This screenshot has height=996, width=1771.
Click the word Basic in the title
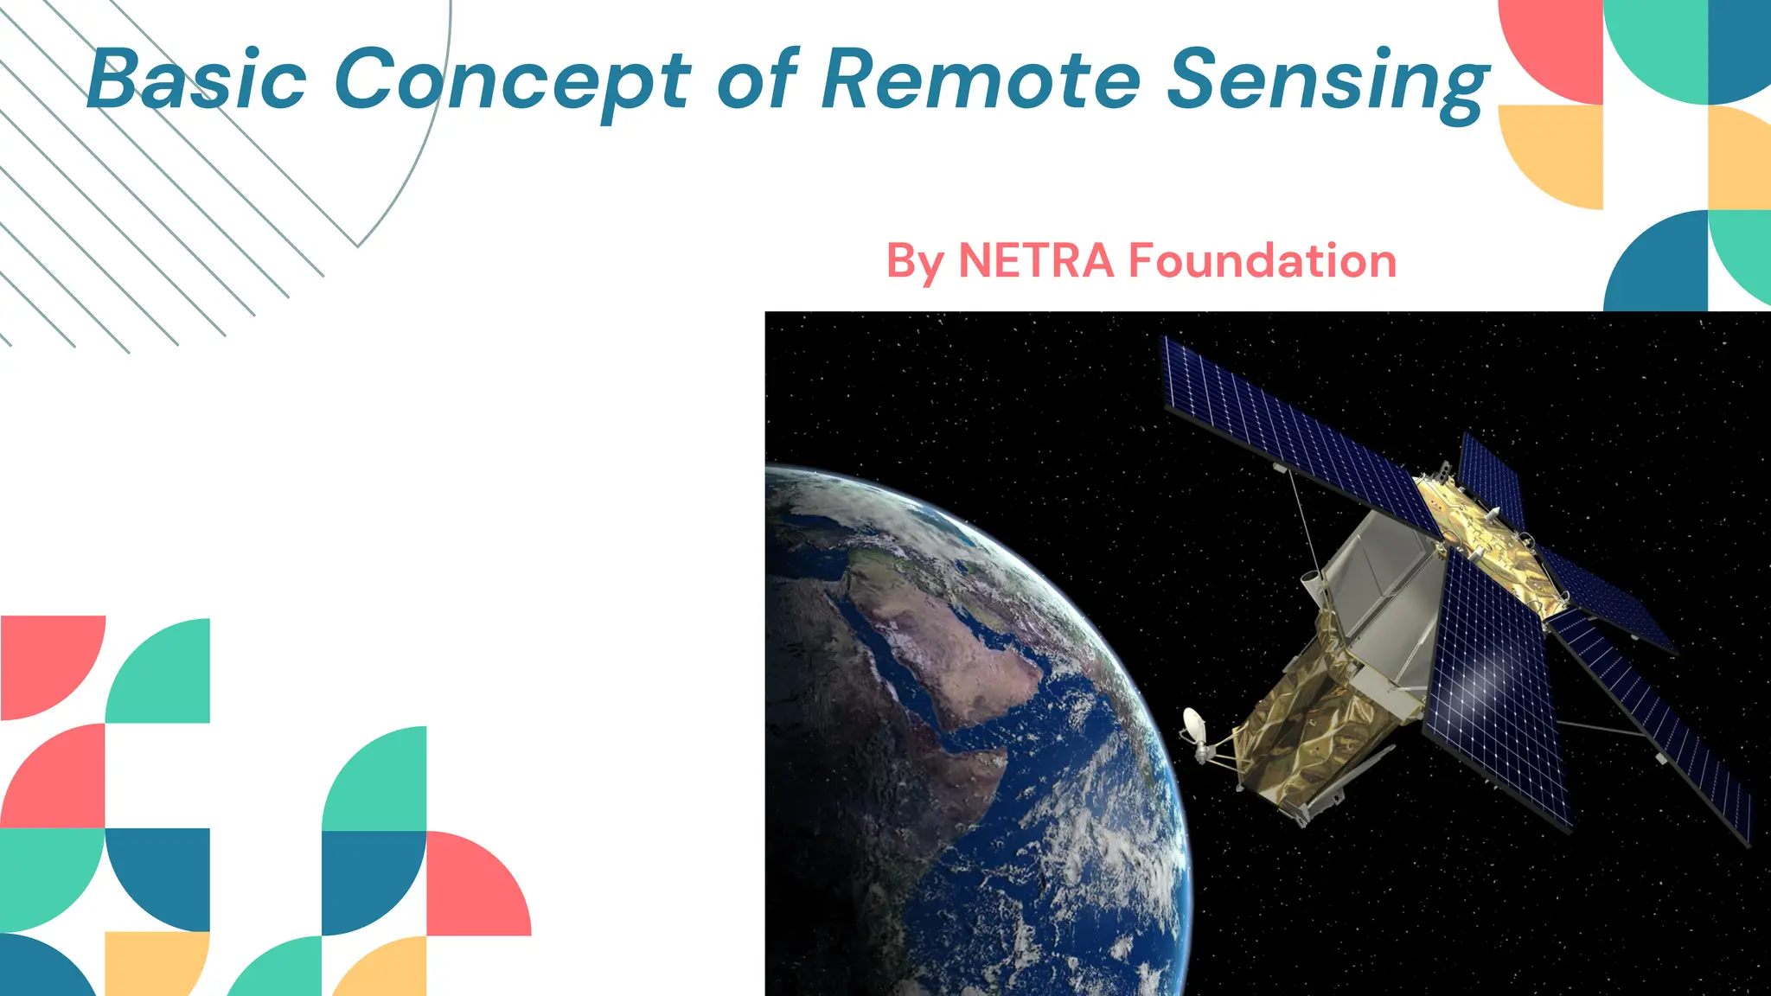[197, 80]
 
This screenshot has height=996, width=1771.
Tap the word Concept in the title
[512, 80]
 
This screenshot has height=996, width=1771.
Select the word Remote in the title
[981, 80]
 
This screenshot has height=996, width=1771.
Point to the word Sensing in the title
[1327, 80]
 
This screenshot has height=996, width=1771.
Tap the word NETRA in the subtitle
[1036, 260]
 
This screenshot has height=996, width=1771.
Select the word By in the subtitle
[915, 262]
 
